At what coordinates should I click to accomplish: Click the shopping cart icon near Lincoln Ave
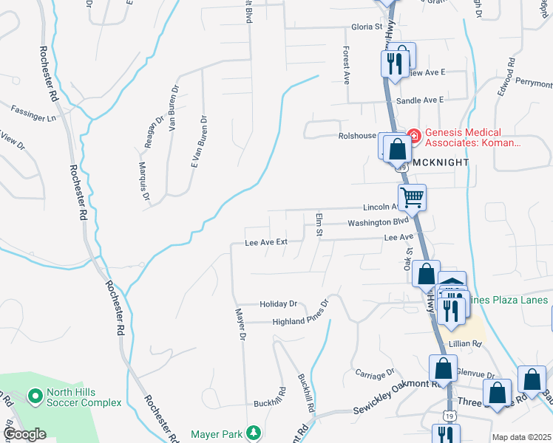pos(412,197)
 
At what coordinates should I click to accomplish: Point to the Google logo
pos(24,434)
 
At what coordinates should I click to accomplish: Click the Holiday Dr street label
pos(278,303)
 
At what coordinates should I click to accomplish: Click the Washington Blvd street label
pos(378,221)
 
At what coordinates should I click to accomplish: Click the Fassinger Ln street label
pos(33,112)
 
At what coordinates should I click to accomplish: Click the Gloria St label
pos(367,27)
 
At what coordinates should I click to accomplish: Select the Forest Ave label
pos(345,63)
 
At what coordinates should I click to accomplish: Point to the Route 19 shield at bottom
pos(450,416)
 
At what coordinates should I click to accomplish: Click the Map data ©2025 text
pos(521,437)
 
